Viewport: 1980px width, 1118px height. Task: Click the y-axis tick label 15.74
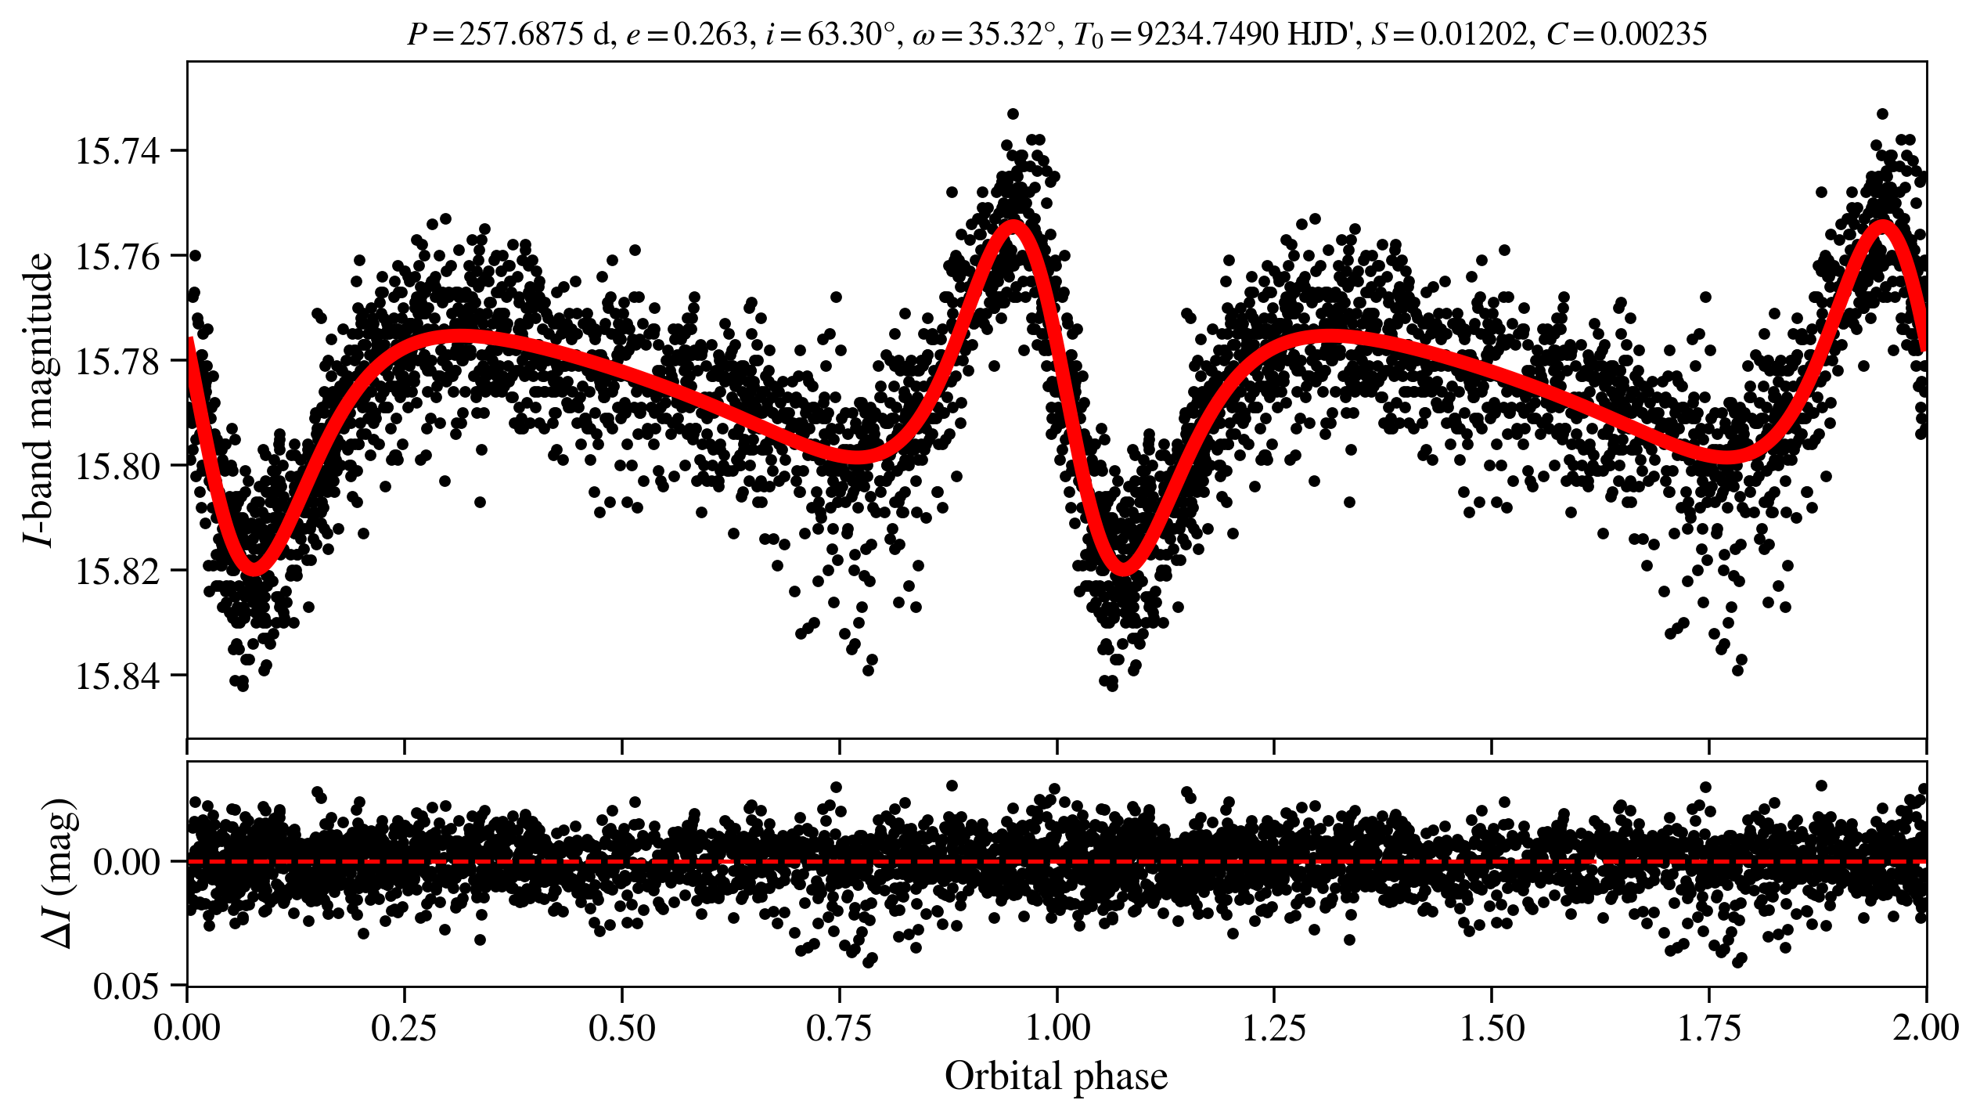(x=117, y=150)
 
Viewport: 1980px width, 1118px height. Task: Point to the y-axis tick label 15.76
(x=117, y=256)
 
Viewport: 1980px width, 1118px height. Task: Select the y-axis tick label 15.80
(x=117, y=466)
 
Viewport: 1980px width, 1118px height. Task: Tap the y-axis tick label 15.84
(x=117, y=676)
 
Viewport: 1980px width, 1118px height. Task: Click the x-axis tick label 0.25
(x=404, y=1028)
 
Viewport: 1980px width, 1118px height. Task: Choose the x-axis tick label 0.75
(x=839, y=1028)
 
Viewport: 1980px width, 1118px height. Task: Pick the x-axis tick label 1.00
(x=1057, y=1028)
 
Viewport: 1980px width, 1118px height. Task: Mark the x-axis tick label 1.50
(x=1492, y=1028)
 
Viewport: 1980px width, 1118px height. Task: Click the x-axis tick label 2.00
(x=1925, y=1028)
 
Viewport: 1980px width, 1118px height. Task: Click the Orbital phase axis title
(x=1057, y=1077)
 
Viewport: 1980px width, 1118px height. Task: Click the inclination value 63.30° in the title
(x=850, y=35)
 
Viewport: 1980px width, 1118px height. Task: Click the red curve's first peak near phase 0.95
(x=1013, y=225)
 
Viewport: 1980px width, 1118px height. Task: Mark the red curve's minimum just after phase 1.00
(x=1124, y=568)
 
